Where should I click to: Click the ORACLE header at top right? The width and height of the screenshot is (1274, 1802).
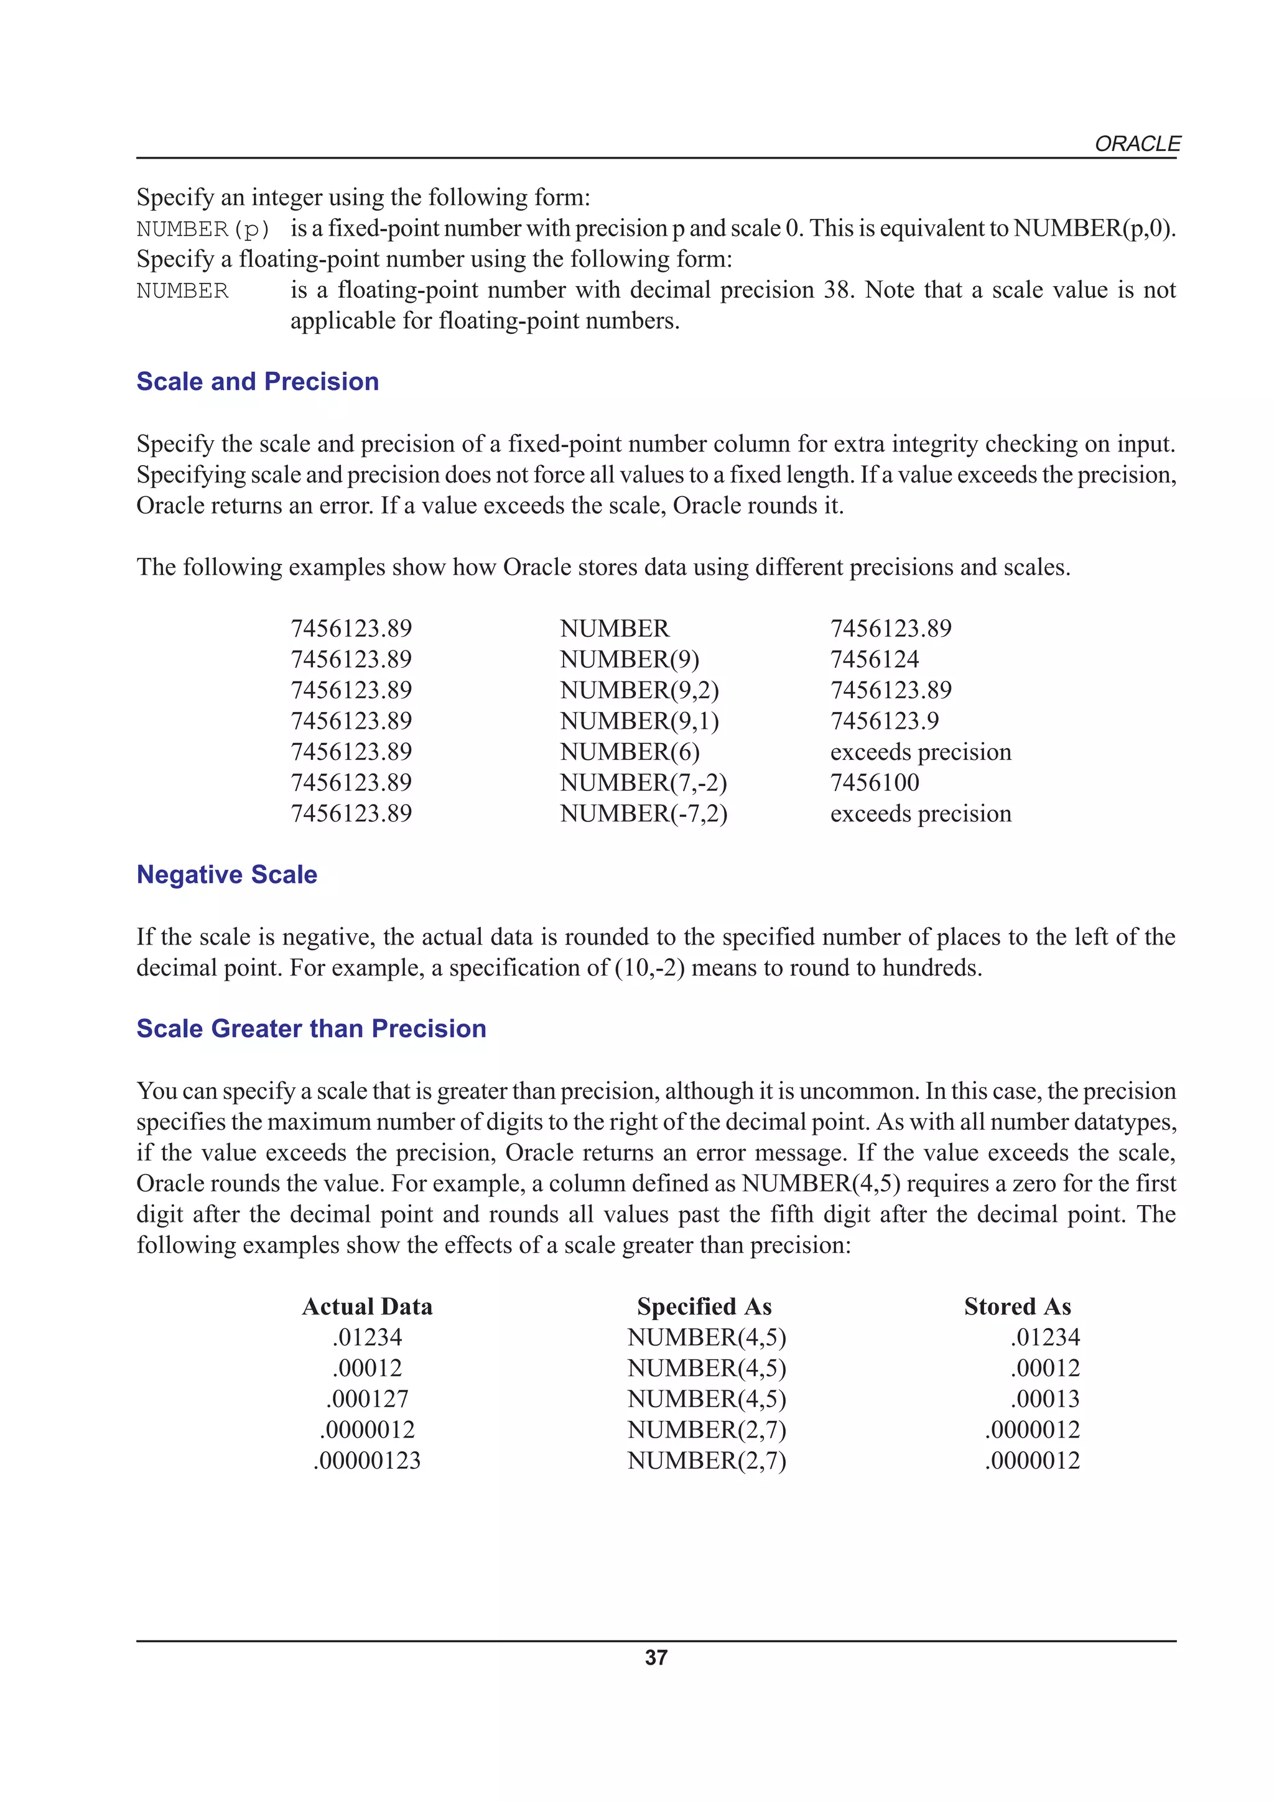click(x=1137, y=144)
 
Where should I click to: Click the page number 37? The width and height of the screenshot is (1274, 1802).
click(x=656, y=1658)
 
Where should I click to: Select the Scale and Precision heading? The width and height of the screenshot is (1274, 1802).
click(x=258, y=381)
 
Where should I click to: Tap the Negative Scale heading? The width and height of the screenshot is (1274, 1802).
click(x=227, y=874)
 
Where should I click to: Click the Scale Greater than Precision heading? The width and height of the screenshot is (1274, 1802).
click(x=311, y=1028)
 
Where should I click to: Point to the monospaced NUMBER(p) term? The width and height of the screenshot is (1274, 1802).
click(x=203, y=229)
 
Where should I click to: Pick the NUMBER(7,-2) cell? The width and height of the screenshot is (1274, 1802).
click(x=643, y=782)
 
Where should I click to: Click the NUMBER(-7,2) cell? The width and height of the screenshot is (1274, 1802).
click(x=643, y=813)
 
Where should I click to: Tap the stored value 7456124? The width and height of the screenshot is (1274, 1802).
click(x=875, y=659)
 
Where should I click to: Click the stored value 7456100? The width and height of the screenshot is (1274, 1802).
click(x=875, y=782)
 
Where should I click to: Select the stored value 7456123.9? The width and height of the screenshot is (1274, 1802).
click(x=884, y=721)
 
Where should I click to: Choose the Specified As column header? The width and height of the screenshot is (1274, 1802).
click(x=704, y=1307)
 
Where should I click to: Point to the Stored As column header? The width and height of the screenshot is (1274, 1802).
click(x=1017, y=1307)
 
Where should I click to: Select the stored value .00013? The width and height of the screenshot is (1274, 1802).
click(x=1045, y=1398)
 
